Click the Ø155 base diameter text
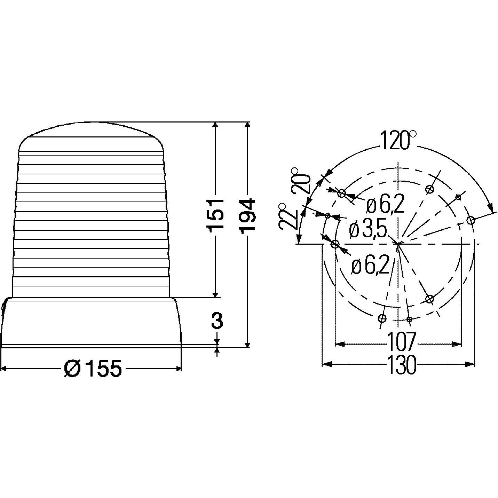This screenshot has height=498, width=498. [x=93, y=369]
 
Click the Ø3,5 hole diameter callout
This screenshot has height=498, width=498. [x=368, y=230]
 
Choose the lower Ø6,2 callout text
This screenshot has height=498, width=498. [x=370, y=267]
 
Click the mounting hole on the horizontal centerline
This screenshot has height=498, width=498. [x=335, y=244]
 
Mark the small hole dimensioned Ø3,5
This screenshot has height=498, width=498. [x=327, y=216]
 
